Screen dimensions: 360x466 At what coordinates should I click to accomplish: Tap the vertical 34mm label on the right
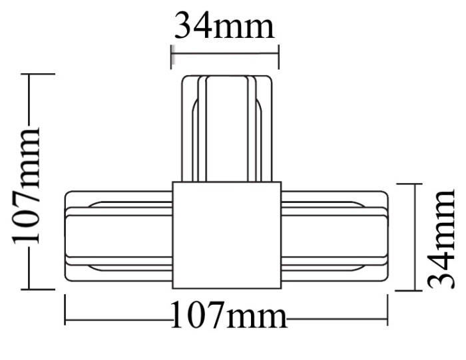click(x=441, y=238)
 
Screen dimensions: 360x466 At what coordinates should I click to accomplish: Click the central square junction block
click(x=226, y=235)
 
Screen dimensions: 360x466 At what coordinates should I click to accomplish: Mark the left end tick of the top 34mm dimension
click(x=172, y=57)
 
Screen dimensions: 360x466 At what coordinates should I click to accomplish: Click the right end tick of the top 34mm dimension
click(x=278, y=57)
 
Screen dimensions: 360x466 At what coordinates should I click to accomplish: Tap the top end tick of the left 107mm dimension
click(x=39, y=74)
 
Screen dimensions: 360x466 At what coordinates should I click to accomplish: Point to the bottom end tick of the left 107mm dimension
click(x=39, y=289)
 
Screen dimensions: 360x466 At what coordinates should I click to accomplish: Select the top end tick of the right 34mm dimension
click(x=408, y=184)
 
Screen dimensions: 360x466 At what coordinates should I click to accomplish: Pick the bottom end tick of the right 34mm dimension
click(x=408, y=290)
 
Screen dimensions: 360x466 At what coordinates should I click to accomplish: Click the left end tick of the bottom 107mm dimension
click(x=65, y=311)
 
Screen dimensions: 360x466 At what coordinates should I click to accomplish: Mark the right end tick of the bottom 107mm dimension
click(x=387, y=311)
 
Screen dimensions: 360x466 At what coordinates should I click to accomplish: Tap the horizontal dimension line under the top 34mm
click(x=225, y=49)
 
